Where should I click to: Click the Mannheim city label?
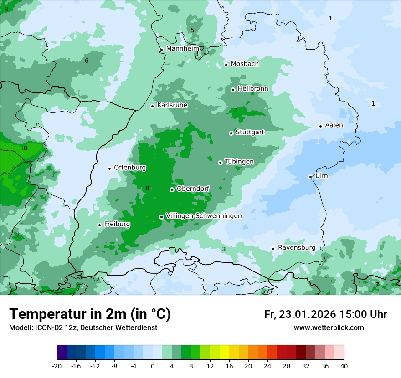(x=183, y=49)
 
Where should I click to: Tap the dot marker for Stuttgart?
(x=231, y=133)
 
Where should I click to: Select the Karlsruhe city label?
(x=172, y=105)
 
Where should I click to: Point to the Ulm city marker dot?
(x=310, y=177)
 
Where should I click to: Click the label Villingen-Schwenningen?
(x=204, y=216)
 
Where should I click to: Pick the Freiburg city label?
(x=117, y=225)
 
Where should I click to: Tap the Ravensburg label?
(x=297, y=248)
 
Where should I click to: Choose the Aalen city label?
(x=334, y=125)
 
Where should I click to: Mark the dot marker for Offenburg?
(x=109, y=169)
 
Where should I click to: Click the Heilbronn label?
(x=253, y=89)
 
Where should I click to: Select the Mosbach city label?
(x=245, y=64)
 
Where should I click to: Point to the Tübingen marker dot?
(x=220, y=163)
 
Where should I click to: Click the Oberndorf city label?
(x=193, y=189)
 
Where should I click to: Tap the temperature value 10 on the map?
(x=24, y=148)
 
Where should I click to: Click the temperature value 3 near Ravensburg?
(x=224, y=249)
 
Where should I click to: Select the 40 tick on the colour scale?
(x=344, y=366)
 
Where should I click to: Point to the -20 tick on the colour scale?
(x=57, y=366)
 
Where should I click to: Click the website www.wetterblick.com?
(x=329, y=328)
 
